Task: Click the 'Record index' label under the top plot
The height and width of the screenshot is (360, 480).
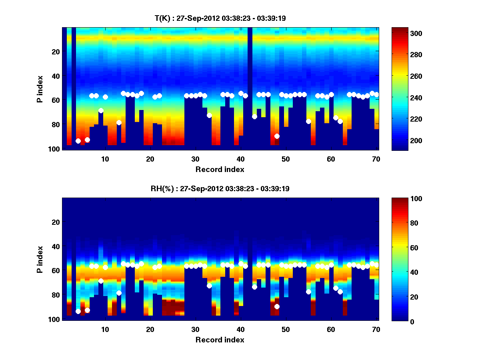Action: [220, 169]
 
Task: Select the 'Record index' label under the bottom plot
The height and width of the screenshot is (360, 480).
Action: [220, 340]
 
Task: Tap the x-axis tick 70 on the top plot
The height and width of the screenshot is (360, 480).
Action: [376, 159]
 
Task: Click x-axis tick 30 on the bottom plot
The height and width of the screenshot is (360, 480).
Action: [195, 329]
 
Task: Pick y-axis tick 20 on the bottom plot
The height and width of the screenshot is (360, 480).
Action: [56, 222]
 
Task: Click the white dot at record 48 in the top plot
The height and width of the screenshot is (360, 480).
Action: [277, 136]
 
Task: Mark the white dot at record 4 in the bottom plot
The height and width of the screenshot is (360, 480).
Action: [78, 311]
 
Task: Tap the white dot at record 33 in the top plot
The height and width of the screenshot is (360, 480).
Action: [209, 115]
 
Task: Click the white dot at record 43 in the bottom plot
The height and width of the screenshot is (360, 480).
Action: [254, 287]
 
